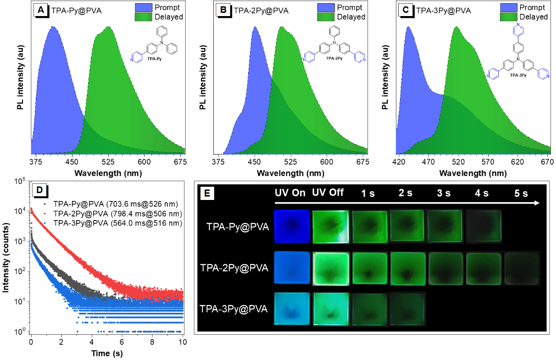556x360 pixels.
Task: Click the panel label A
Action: tap(41, 10)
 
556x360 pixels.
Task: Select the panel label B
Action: tap(223, 10)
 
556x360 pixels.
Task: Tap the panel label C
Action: tap(406, 10)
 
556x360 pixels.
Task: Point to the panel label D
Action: tap(39, 189)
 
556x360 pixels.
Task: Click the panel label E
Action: tap(207, 194)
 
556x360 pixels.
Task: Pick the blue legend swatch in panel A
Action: tap(144, 7)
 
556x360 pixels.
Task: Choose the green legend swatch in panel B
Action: tap(326, 17)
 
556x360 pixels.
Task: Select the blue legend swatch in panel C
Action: tap(508, 7)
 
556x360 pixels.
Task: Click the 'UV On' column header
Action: tap(290, 193)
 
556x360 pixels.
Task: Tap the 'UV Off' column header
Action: tap(328, 193)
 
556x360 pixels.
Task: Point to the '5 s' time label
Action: tap(521, 194)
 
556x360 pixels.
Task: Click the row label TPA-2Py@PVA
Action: tap(234, 268)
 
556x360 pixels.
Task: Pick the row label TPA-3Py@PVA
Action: tap(234, 309)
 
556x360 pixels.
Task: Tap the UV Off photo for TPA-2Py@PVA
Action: tap(331, 268)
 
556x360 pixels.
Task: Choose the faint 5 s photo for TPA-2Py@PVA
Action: tap(522, 268)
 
